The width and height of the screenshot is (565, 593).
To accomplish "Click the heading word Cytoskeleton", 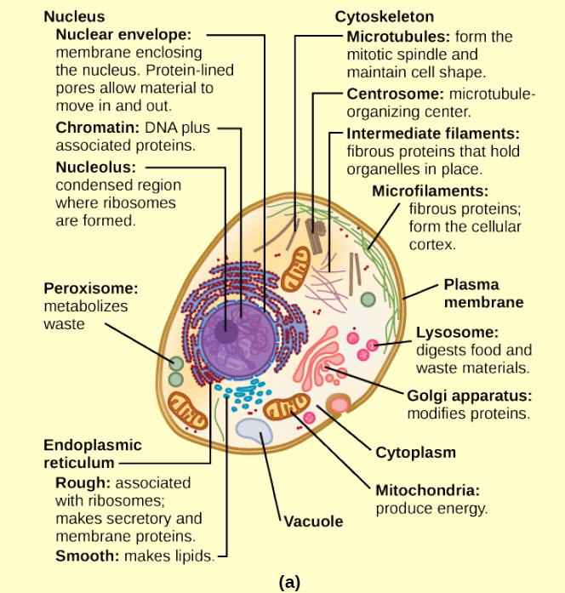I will click(x=384, y=17).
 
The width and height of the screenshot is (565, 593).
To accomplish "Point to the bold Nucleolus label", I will click(x=95, y=167).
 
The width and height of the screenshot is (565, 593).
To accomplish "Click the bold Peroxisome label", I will click(x=89, y=289).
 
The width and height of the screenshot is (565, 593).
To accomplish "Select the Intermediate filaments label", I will click(x=432, y=134).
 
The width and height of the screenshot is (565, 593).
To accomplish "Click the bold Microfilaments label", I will click(x=431, y=191).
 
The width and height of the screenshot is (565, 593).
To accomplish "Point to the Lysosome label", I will click(x=457, y=333).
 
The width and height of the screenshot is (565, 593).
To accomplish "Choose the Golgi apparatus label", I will click(x=469, y=396).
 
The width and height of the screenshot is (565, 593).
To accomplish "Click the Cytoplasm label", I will click(x=416, y=452).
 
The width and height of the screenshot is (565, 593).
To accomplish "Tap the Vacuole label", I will click(x=314, y=521).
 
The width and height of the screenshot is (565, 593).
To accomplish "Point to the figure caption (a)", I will click(x=289, y=583).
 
